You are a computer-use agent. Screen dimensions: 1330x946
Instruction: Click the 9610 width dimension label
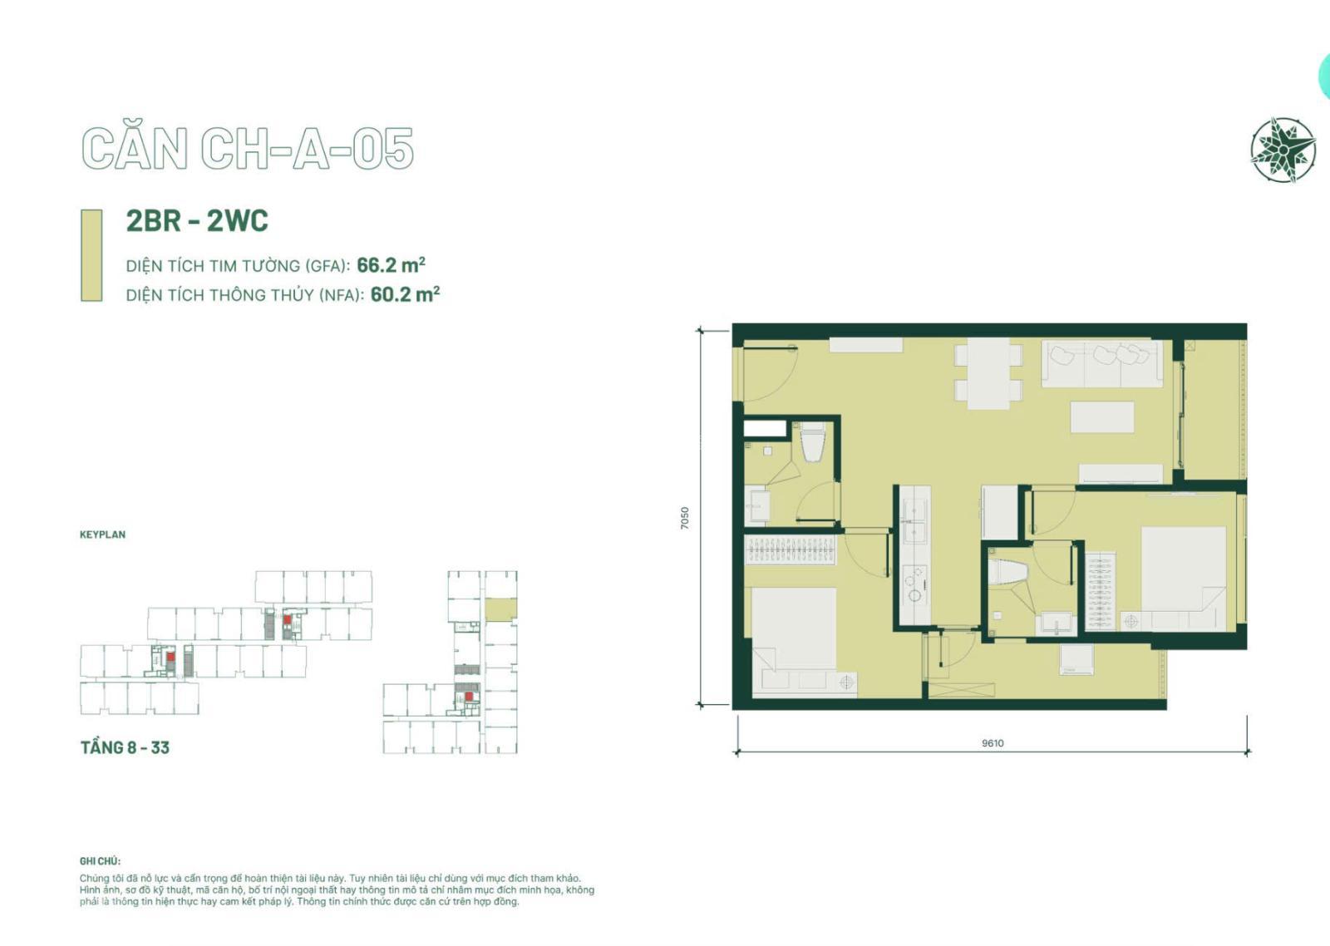point(993,743)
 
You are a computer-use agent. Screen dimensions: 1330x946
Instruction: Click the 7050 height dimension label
point(685,518)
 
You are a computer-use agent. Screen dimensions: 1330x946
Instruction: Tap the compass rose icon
point(1283,150)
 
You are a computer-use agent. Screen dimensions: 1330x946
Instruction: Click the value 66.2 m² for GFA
point(391,265)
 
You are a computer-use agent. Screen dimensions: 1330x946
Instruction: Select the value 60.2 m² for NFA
point(405,294)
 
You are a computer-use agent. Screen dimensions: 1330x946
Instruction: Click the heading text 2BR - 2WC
point(197,220)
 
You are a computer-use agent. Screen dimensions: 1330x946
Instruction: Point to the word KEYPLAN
point(103,535)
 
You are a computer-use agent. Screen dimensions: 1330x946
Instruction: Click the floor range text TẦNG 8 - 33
point(125,747)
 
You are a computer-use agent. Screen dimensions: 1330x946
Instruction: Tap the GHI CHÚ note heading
point(100,861)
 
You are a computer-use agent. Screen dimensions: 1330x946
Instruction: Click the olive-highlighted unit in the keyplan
point(500,609)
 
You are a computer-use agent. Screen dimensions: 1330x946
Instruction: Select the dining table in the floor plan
point(988,373)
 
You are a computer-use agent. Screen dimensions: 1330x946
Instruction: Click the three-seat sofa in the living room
point(1102,363)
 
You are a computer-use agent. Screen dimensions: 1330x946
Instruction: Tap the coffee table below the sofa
point(1102,416)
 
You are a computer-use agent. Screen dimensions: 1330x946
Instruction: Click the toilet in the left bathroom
point(813,441)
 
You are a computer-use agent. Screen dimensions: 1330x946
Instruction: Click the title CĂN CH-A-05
point(247,149)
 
